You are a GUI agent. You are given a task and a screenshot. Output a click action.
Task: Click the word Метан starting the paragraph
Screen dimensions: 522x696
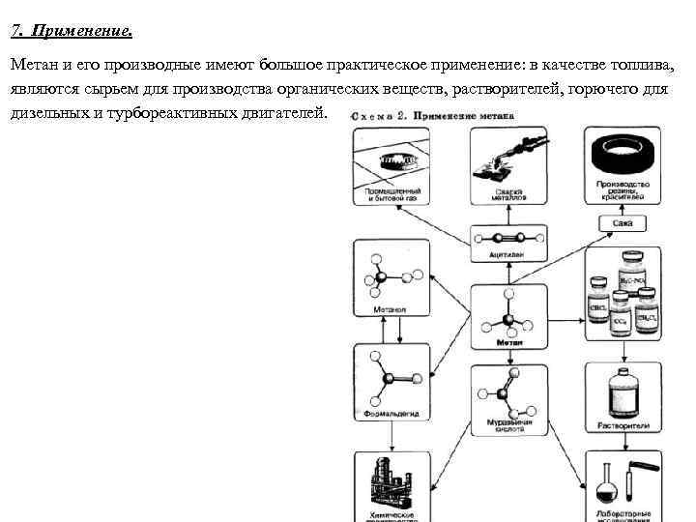tap(32, 65)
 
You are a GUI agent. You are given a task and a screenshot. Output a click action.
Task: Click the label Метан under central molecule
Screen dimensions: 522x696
tap(508, 342)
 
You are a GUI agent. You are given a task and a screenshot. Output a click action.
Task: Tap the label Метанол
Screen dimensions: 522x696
tap(391, 310)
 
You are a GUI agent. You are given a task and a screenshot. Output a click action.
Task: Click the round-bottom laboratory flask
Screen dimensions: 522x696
tap(606, 482)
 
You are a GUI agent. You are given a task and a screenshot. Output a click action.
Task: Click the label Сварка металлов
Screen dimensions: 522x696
tap(508, 194)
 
